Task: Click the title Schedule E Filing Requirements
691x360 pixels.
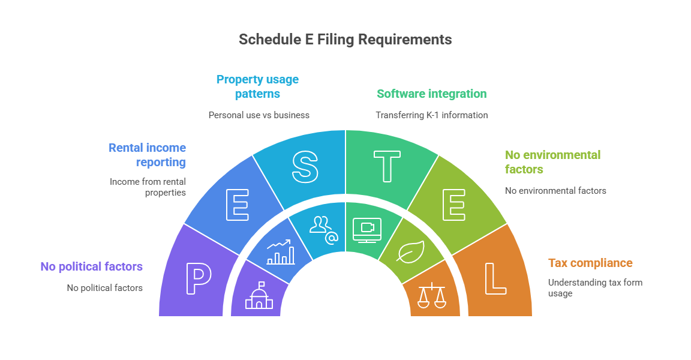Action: click(345, 40)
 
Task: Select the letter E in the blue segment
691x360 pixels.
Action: click(237, 205)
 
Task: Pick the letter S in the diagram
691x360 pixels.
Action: click(305, 166)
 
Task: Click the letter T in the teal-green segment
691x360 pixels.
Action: click(386, 166)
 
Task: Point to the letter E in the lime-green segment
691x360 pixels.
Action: click(453, 205)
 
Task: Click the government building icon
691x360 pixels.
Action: click(259, 296)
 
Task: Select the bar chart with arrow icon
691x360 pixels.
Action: click(281, 253)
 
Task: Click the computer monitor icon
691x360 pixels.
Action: click(366, 230)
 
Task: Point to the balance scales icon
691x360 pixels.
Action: click(432, 295)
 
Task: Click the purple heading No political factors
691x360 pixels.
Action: click(91, 266)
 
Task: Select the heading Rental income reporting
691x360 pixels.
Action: click(148, 155)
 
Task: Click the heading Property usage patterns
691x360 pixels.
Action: click(257, 86)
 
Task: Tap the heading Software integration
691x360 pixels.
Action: click(431, 94)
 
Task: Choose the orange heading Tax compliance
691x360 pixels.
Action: click(590, 263)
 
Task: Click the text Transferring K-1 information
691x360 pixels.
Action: click(431, 115)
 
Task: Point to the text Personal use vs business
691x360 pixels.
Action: click(259, 115)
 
